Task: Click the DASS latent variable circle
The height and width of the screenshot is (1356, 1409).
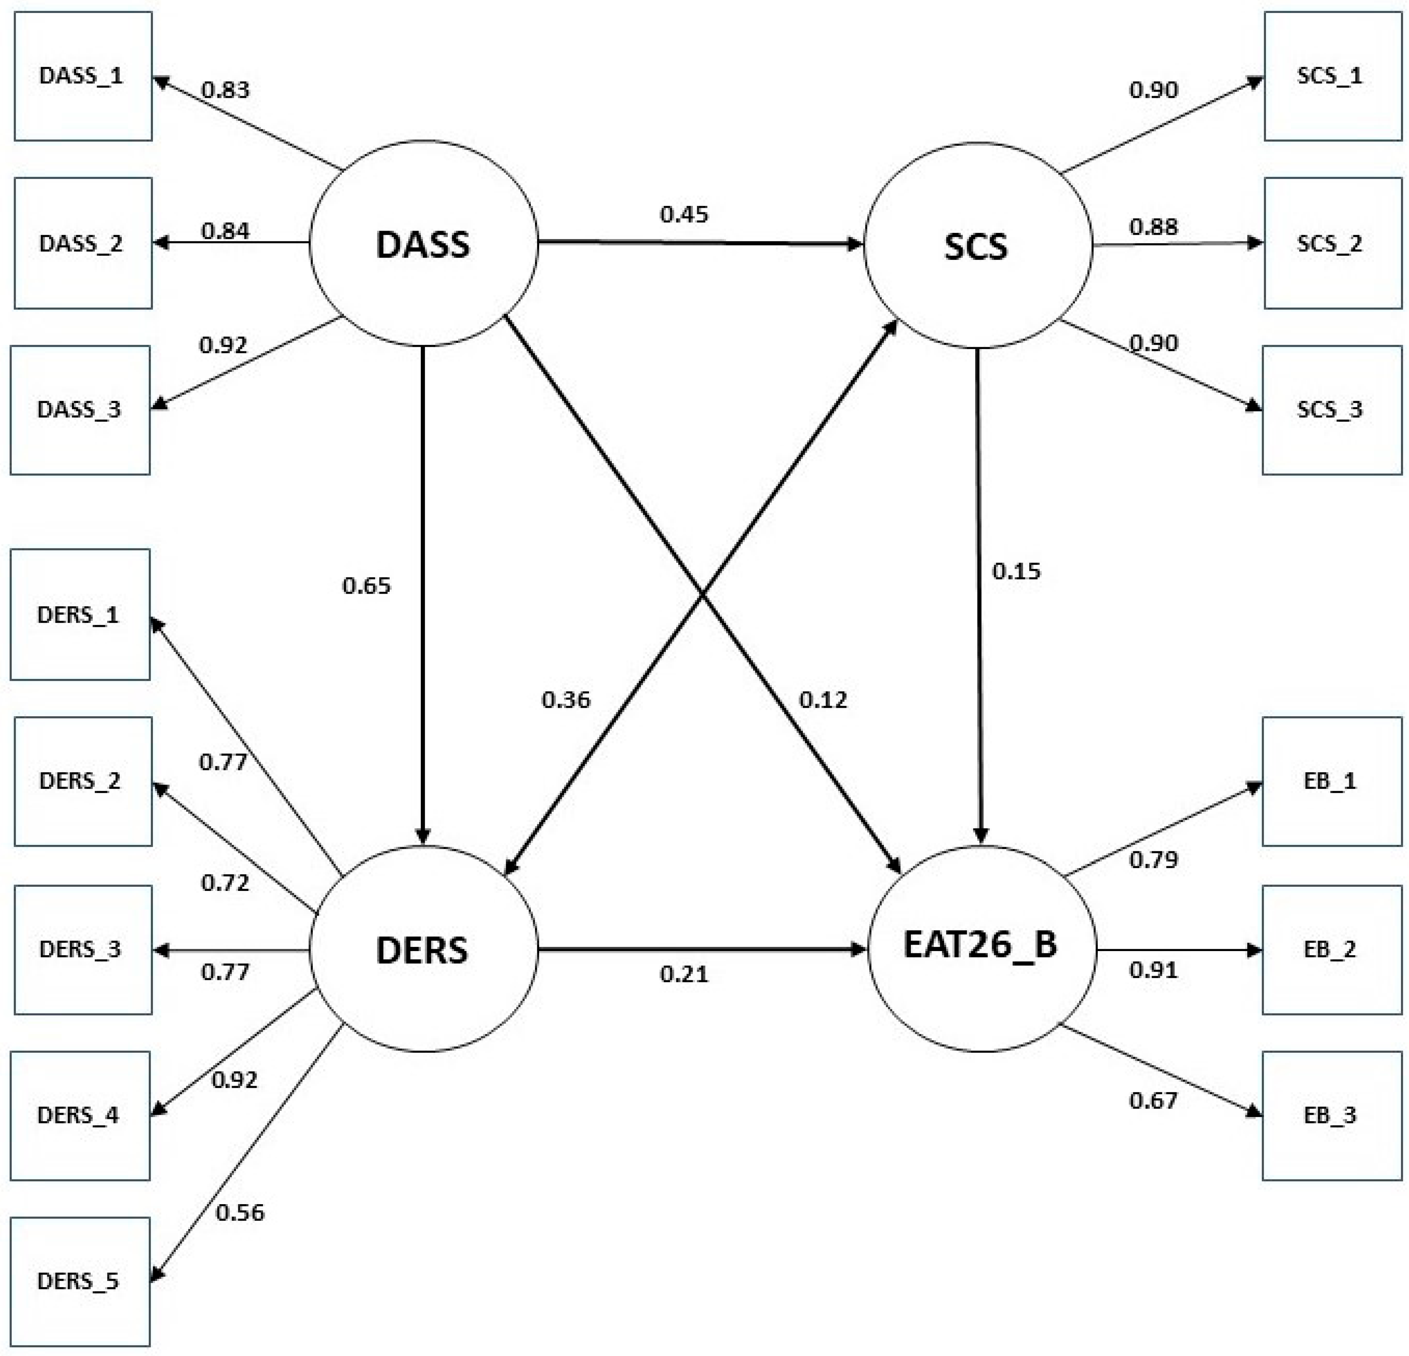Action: pos(423,244)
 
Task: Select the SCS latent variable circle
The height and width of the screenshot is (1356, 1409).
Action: pos(977,245)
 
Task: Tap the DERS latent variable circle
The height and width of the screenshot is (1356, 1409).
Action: pos(423,950)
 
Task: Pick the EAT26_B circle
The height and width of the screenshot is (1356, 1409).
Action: pos(981,948)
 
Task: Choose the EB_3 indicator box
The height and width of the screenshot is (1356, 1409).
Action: pos(1331,1115)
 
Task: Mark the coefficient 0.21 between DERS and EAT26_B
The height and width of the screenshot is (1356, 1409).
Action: pos(684,974)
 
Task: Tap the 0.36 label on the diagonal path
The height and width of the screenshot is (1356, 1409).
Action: pos(566,700)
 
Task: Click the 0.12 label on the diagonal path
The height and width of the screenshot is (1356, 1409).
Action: pos(823,700)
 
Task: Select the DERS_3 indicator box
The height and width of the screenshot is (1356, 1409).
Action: pos(83,949)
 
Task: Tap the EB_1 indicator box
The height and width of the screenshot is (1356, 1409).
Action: pos(1331,781)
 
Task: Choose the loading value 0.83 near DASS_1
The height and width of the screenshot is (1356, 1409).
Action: pos(225,90)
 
